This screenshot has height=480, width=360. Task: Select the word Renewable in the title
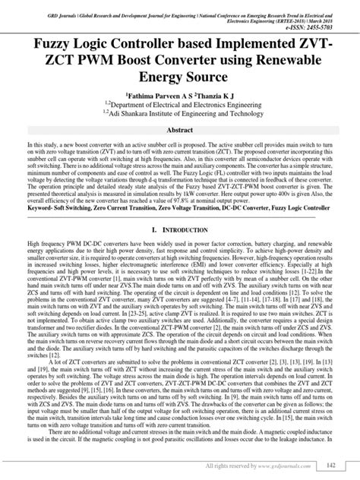[289, 62]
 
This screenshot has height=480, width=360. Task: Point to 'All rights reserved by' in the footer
[231, 465]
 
